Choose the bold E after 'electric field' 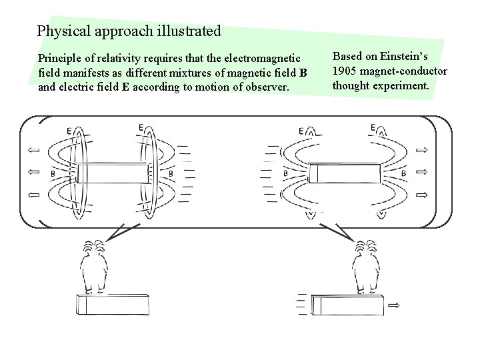(x=125, y=87)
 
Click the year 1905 (x=345, y=71)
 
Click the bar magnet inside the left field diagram (x=113, y=173)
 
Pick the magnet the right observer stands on (x=348, y=305)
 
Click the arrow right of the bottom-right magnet (x=394, y=305)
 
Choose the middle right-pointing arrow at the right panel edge (x=421, y=173)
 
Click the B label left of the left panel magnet (x=53, y=174)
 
